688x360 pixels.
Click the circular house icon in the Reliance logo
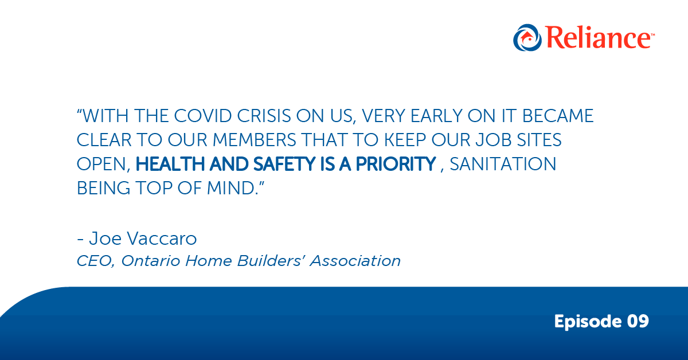coord(527,37)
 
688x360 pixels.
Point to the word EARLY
coord(436,116)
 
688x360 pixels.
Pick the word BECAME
coord(558,116)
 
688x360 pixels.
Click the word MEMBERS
coord(255,140)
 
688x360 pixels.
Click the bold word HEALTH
coord(170,164)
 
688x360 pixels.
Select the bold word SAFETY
coord(284,164)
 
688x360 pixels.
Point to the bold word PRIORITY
coord(396,164)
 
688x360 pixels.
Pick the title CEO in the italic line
coord(93,261)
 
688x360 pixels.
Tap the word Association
coord(355,261)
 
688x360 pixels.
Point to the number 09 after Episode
coord(638,321)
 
